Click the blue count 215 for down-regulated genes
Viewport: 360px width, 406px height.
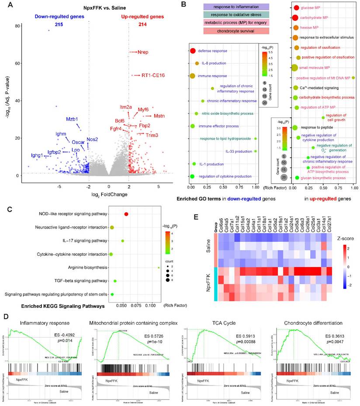pos(59,25)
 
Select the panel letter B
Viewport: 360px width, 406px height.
pos(184,4)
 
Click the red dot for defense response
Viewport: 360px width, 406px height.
pos(192,51)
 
